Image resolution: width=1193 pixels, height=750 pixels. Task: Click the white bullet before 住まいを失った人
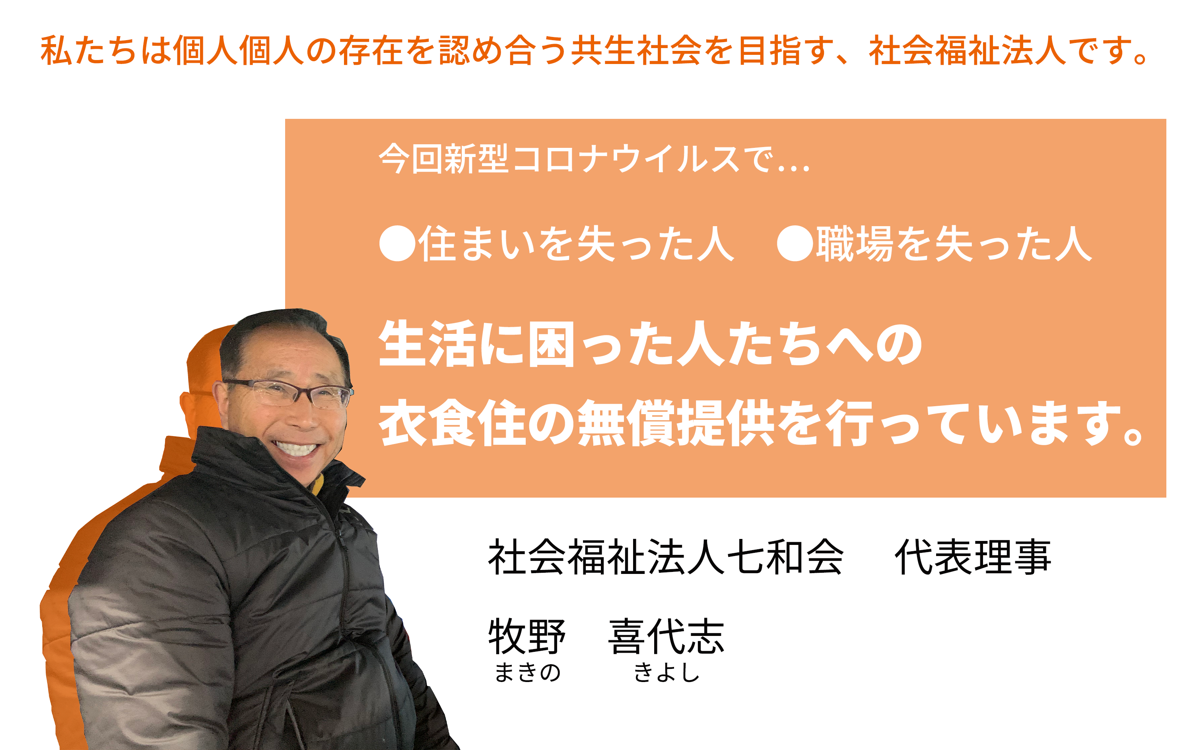click(x=397, y=243)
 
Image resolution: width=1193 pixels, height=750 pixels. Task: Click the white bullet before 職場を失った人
click(x=795, y=243)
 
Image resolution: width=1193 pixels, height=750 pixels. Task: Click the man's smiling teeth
click(x=296, y=448)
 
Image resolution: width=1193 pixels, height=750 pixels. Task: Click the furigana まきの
click(x=528, y=672)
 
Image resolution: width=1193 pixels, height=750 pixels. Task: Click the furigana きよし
click(x=666, y=672)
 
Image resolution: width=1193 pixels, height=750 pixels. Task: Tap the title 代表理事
click(x=973, y=557)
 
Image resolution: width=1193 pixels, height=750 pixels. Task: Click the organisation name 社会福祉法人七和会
click(x=666, y=557)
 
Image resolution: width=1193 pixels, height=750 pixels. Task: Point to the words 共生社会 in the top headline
click(x=637, y=50)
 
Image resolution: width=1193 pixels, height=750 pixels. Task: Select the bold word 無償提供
click(x=676, y=423)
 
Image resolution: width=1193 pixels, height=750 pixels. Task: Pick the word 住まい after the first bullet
click(x=476, y=243)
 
